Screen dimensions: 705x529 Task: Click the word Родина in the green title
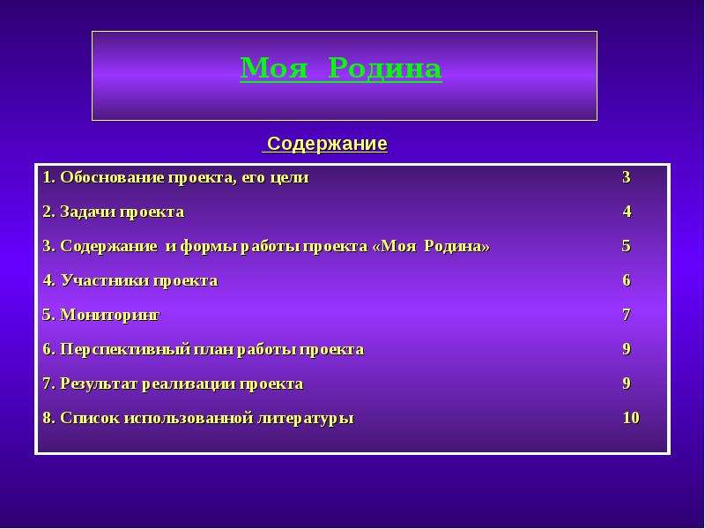(385, 69)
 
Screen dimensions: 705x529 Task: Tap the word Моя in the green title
(274, 69)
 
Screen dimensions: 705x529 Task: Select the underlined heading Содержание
(327, 144)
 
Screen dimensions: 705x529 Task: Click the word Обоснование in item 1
(112, 177)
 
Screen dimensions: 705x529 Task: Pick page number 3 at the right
(627, 177)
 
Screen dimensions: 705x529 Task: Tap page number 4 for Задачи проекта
(627, 212)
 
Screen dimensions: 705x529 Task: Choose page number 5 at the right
(627, 246)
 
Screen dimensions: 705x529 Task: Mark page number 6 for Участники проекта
(627, 280)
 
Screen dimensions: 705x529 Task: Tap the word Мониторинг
(109, 316)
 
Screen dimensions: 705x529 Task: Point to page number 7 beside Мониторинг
(627, 315)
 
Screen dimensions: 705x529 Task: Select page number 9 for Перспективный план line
(627, 349)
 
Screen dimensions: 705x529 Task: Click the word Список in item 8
(90, 418)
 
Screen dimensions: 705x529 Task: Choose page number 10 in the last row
(631, 418)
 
